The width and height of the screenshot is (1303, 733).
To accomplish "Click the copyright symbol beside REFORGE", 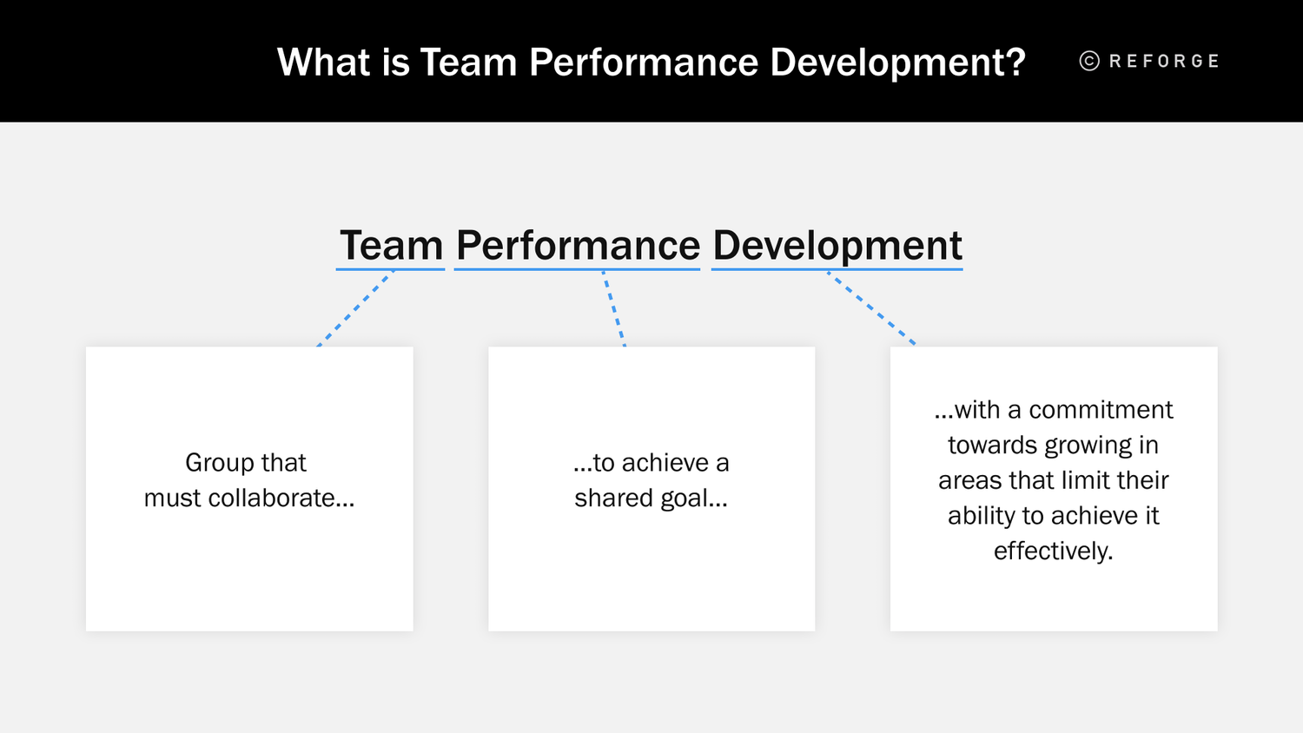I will (1089, 61).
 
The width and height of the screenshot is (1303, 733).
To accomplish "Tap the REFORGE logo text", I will (1164, 61).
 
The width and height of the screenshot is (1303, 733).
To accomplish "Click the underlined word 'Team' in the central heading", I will (391, 246).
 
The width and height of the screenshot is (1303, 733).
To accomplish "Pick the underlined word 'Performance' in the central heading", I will (578, 246).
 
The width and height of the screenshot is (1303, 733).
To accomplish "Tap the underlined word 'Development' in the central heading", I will (837, 246).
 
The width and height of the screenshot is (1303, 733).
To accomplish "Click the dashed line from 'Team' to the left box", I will (355, 309).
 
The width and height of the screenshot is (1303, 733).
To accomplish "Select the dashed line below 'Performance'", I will (614, 309).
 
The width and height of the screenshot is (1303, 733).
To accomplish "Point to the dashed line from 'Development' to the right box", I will (871, 309).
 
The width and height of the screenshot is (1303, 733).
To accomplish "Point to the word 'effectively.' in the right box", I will (1053, 551).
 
